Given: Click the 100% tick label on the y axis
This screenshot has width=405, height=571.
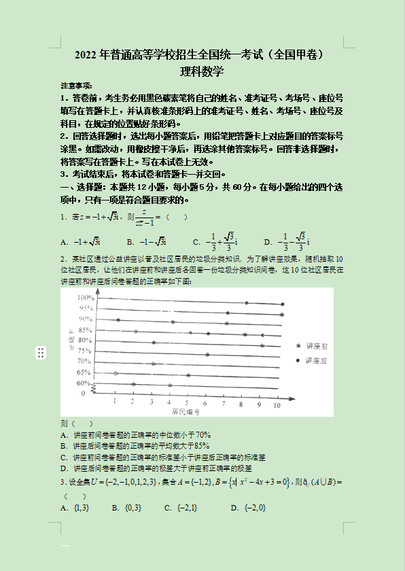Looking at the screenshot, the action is click(85, 298).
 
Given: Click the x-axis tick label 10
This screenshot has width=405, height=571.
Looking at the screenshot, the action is click(277, 404).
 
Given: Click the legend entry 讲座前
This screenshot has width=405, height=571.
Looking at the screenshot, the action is click(317, 346).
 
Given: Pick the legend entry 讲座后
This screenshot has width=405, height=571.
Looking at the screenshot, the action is click(317, 360).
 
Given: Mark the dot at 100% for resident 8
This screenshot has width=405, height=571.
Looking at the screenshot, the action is click(246, 302).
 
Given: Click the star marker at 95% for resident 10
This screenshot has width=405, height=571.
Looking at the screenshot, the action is click(282, 314).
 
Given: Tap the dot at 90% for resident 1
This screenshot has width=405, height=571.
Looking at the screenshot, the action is click(118, 319).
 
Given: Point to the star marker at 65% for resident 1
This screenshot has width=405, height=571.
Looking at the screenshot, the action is click(116, 373).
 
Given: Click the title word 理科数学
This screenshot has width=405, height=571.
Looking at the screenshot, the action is click(202, 71).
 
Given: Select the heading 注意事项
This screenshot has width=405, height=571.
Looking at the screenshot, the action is click(76, 86).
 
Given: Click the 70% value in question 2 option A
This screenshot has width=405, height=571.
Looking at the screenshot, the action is click(203, 435).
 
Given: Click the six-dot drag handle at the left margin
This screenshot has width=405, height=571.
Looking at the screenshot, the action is click(41, 352).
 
